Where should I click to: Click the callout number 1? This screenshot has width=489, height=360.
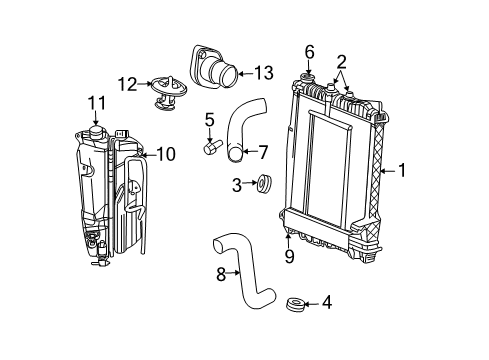click(402, 171)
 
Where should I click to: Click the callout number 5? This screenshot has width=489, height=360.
click(209, 120)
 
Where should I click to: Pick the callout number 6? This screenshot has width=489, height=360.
click(310, 51)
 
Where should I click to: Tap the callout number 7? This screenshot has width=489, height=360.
click(263, 153)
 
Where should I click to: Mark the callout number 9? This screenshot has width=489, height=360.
click(288, 256)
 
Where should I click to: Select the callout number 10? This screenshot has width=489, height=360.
click(166, 153)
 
